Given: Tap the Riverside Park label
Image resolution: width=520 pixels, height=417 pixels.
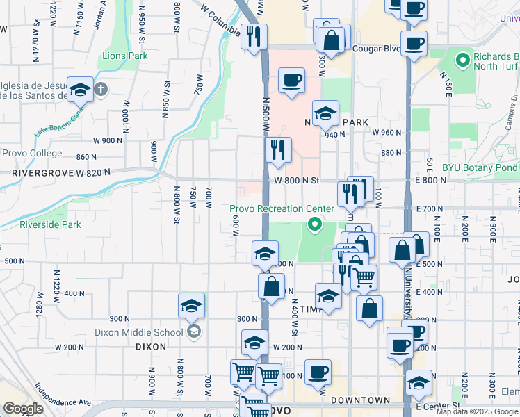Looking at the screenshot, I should [x=50, y=224].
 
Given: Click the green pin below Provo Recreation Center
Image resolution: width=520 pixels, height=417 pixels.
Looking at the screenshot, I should [x=314, y=224].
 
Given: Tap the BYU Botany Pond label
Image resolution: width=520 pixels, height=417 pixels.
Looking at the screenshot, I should [x=480, y=167].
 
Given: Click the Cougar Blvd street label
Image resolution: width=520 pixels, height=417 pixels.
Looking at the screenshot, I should [x=374, y=49].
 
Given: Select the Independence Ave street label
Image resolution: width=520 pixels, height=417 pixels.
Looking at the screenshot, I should [x=63, y=393].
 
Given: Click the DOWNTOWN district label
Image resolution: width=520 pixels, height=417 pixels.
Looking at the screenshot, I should [x=360, y=400].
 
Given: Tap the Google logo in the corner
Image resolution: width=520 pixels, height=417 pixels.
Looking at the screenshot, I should [x=23, y=409].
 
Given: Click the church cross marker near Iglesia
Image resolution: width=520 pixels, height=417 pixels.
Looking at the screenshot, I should [x=101, y=89].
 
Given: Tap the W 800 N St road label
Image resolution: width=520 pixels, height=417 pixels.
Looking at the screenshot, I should [x=296, y=180].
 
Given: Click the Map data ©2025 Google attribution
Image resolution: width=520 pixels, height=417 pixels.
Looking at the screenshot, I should [x=477, y=411].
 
